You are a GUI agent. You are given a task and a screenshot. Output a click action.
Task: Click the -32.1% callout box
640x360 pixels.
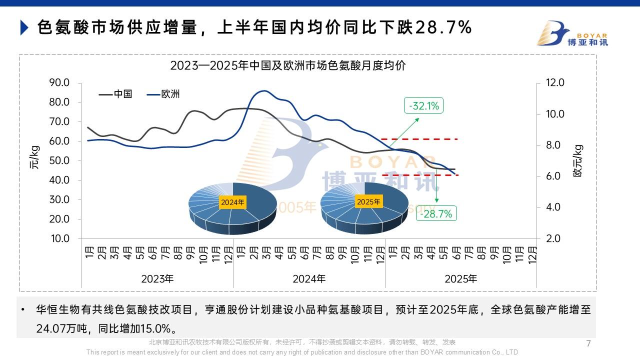click(x=424, y=106)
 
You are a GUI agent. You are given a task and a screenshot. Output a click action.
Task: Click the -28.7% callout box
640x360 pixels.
click(x=436, y=214)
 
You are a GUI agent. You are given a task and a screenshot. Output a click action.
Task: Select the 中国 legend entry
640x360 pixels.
click(x=116, y=94)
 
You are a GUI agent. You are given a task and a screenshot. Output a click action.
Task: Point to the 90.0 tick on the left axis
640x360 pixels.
click(x=59, y=82)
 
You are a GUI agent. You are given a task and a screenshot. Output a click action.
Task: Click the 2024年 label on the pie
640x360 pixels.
click(x=232, y=202)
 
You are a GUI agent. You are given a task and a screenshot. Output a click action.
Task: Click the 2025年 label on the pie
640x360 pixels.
click(x=368, y=201)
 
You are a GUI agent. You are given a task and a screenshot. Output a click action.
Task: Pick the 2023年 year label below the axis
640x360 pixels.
click(x=157, y=278)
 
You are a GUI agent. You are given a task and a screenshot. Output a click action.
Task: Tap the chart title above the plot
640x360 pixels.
click(x=287, y=65)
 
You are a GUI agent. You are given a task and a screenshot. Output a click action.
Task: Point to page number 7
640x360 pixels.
click(x=588, y=343)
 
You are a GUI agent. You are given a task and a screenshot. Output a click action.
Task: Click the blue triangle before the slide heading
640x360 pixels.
click(x=24, y=27)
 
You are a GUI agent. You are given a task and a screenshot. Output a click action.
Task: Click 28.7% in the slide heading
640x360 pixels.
click(x=443, y=27)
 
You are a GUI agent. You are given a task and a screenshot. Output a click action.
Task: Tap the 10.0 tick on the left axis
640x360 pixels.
click(x=59, y=238)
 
